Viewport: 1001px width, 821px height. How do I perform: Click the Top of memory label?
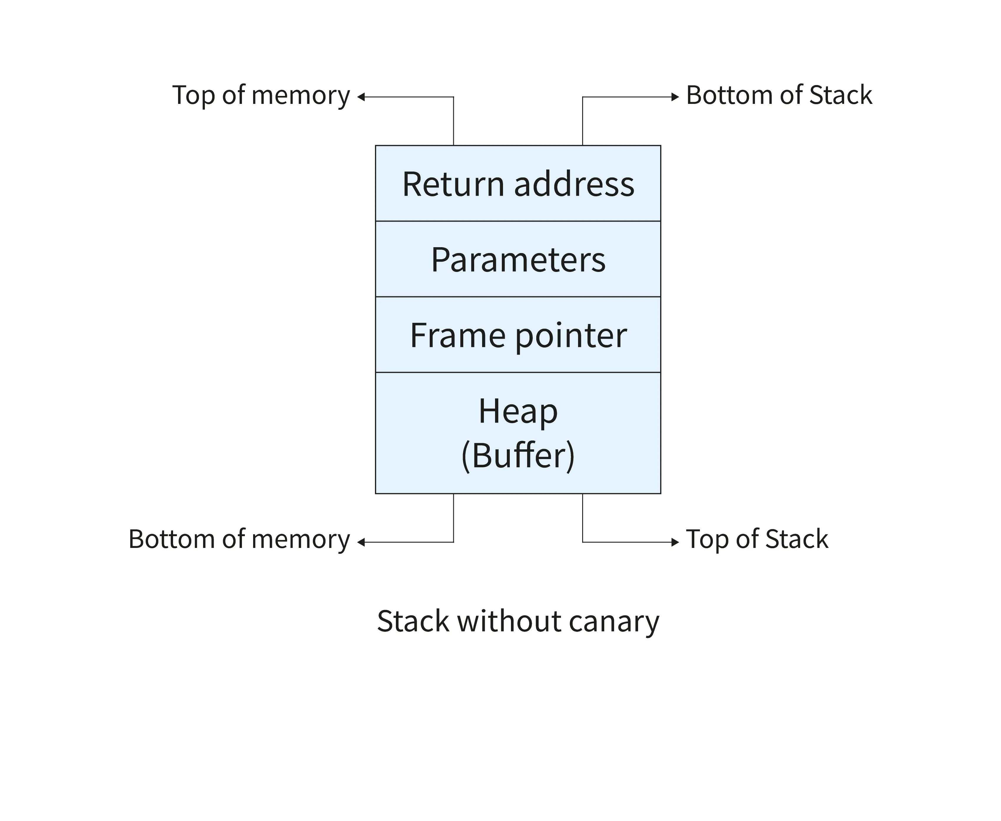click(x=261, y=96)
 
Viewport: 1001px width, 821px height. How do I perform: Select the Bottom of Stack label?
click(x=779, y=96)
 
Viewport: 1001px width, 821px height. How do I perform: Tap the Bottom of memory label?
click(x=239, y=539)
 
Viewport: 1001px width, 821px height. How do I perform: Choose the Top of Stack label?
click(x=757, y=539)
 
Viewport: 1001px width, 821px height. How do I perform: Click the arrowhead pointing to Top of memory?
click(x=361, y=97)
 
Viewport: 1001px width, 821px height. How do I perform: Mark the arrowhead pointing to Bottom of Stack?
click(x=675, y=97)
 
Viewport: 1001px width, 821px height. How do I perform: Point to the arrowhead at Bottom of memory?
click(x=361, y=542)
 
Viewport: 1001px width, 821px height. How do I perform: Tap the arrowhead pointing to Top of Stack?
click(x=675, y=542)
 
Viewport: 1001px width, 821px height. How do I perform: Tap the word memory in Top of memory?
click(x=301, y=97)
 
